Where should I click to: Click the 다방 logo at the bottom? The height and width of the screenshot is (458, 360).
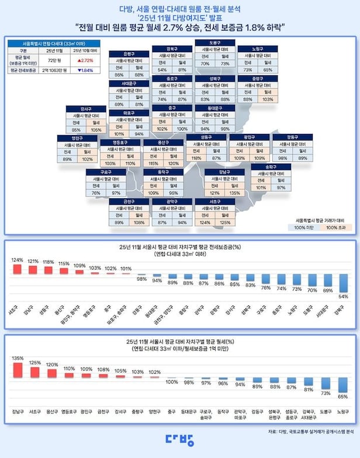179,439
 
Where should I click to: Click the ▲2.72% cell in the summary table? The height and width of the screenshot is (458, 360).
85,60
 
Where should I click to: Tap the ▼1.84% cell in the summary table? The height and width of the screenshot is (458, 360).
85,70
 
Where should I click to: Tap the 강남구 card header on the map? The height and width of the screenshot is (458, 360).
224,172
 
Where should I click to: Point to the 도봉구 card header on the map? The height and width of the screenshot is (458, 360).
214,43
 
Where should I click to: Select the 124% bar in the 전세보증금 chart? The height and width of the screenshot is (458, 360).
18,269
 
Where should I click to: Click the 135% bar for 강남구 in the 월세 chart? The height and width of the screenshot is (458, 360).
18,371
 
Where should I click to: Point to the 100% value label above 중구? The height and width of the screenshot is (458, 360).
172,381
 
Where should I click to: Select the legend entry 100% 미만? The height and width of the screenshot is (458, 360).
303,226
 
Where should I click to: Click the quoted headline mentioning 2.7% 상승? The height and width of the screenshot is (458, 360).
179,27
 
